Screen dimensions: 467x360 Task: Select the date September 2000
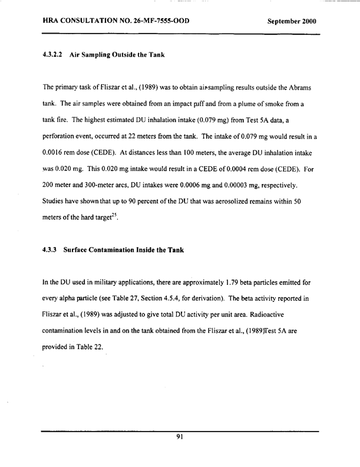pos(292,22)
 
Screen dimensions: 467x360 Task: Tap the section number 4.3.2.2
pos(54,55)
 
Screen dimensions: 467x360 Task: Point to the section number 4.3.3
pos(52,249)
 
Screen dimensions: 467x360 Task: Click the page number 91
pos(180,437)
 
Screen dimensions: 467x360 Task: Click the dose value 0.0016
pos(56,154)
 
